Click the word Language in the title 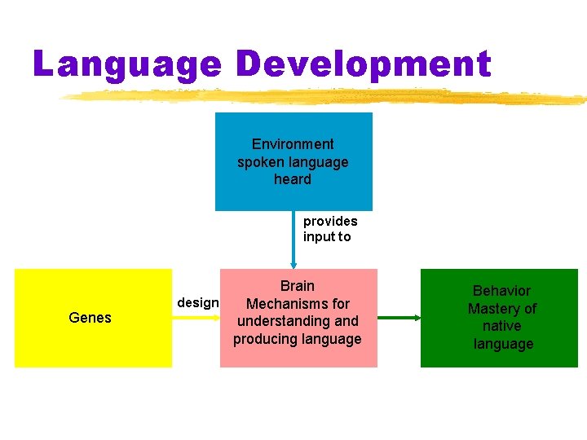126,64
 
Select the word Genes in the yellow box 90,318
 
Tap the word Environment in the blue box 293,144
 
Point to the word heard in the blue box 293,179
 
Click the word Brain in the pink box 297,286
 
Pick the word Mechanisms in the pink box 298,304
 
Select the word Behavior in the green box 501,291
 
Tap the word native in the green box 501,326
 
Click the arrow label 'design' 197,303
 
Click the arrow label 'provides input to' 329,229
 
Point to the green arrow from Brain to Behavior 399,318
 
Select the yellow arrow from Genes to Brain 196,318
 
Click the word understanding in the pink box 298,321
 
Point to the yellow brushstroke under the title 326,97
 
